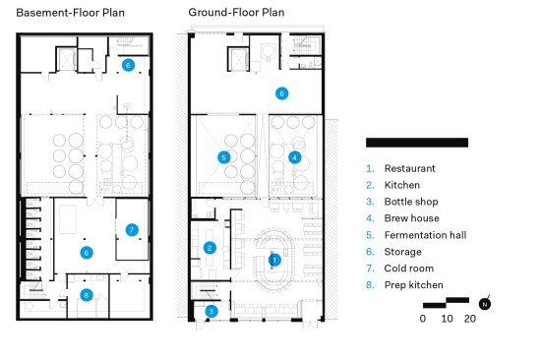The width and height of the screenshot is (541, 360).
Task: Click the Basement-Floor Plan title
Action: click(x=71, y=13)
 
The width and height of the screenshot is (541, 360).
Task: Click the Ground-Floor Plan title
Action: click(x=236, y=13)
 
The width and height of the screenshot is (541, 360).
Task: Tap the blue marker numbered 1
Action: click(x=274, y=260)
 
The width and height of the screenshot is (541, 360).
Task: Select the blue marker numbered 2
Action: click(x=210, y=248)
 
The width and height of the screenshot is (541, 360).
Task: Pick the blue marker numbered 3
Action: click(x=211, y=312)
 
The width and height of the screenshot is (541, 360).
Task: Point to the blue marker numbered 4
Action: click(x=294, y=157)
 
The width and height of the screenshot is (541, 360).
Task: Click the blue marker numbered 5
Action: click(x=224, y=157)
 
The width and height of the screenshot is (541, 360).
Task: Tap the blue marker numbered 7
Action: click(x=132, y=230)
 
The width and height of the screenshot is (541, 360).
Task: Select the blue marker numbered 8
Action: click(x=87, y=295)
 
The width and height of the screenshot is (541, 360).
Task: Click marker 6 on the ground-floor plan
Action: click(x=282, y=93)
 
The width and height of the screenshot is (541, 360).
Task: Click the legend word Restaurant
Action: click(x=410, y=168)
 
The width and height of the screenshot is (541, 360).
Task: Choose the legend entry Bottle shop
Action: click(x=411, y=202)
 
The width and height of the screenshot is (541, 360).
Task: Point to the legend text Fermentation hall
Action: click(x=425, y=235)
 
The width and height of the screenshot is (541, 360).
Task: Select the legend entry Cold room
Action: click(x=409, y=269)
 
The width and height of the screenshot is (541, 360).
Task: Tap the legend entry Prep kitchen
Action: click(x=414, y=285)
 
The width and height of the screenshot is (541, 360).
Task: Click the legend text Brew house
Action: click(x=411, y=218)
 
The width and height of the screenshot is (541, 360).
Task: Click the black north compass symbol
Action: click(x=485, y=304)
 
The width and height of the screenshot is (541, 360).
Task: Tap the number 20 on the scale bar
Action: click(x=470, y=319)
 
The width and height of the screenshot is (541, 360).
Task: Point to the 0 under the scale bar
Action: click(x=423, y=319)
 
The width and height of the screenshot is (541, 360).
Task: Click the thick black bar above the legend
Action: click(x=417, y=143)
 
